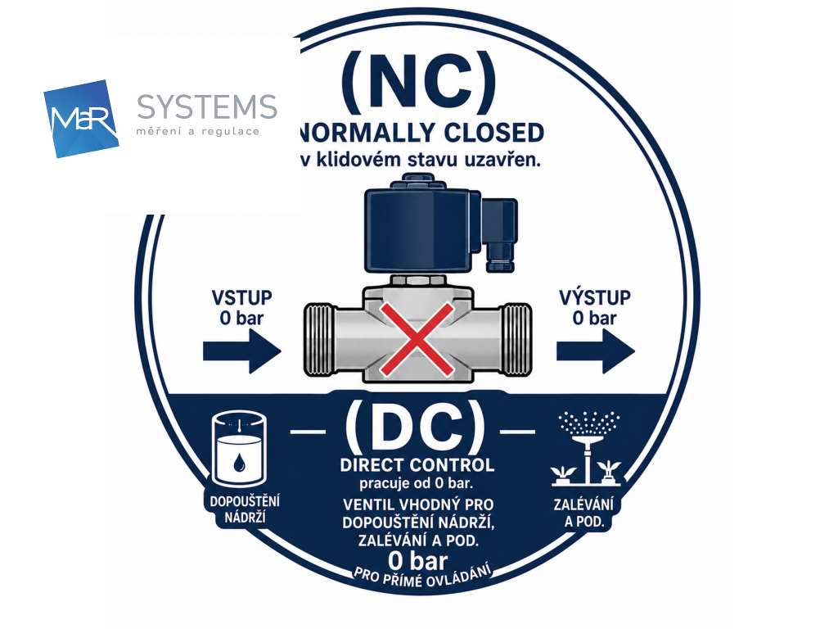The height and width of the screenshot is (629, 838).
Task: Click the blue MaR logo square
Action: pyautogui.click(x=81, y=119)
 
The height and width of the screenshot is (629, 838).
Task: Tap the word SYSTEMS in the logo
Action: pyautogui.click(x=207, y=107)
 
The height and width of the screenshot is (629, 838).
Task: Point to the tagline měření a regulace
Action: pyautogui.click(x=198, y=132)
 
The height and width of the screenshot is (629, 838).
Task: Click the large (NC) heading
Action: pyautogui.click(x=418, y=81)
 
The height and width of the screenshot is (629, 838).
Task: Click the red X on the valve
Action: pyautogui.click(x=417, y=338)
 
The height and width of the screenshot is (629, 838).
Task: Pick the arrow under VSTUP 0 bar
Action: pyautogui.click(x=242, y=351)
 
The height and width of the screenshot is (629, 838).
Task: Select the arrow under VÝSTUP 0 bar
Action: pyautogui.click(x=596, y=351)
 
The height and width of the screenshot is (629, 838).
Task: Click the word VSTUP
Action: pyautogui.click(x=242, y=298)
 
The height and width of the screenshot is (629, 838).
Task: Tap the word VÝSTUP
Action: pyautogui.click(x=595, y=296)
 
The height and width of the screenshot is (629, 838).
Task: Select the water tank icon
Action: pyautogui.click(x=239, y=449)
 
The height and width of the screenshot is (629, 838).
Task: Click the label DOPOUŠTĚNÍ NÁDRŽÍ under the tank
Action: pyautogui.click(x=245, y=509)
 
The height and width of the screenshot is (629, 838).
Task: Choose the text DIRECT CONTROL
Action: pyautogui.click(x=417, y=465)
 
